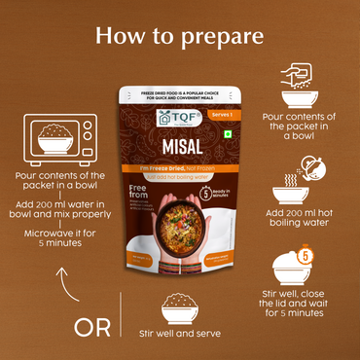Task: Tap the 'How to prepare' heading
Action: tap(180, 37)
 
